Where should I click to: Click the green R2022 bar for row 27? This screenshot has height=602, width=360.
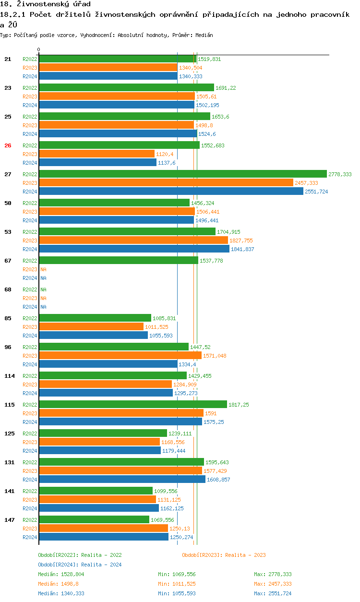point(182,174)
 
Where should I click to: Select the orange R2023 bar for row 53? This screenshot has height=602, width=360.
point(133,241)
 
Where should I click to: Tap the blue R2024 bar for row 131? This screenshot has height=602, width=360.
point(122,480)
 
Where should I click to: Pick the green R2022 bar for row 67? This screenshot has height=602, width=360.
point(118,261)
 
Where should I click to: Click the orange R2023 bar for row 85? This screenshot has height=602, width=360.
point(91,327)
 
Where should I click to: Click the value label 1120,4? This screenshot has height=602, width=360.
point(165,154)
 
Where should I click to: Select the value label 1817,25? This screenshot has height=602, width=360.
point(239,405)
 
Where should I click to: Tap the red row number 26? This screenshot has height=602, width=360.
point(8,145)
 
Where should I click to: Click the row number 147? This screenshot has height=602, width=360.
point(9,520)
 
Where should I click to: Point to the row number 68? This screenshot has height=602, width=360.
point(8,289)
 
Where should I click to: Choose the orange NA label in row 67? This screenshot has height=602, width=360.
point(43,269)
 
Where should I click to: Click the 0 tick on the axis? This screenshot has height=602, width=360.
point(39,49)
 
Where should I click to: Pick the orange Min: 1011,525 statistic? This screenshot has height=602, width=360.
point(177,584)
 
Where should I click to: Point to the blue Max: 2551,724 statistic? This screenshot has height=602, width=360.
point(273,593)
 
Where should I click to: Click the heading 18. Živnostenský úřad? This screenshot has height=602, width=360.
point(45,4)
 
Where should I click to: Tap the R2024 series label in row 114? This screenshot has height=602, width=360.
point(30,393)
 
